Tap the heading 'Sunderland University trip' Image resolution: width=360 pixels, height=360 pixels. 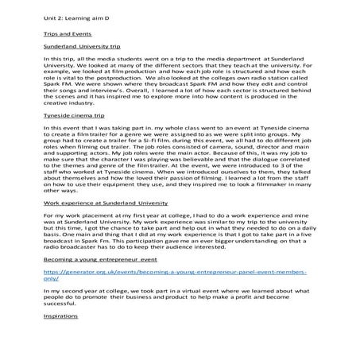point(83,48)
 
